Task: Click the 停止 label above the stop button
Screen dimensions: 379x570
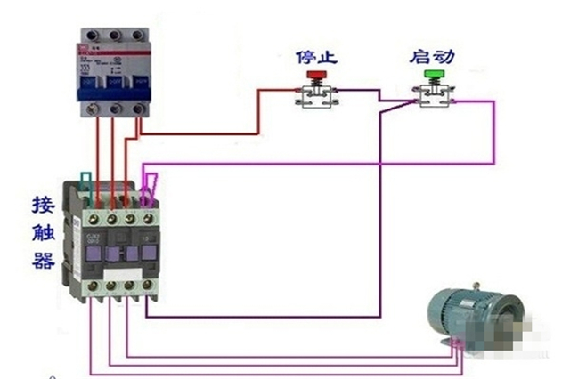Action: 317,59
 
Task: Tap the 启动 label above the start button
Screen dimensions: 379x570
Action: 432,57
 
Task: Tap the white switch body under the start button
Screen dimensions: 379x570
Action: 435,100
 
